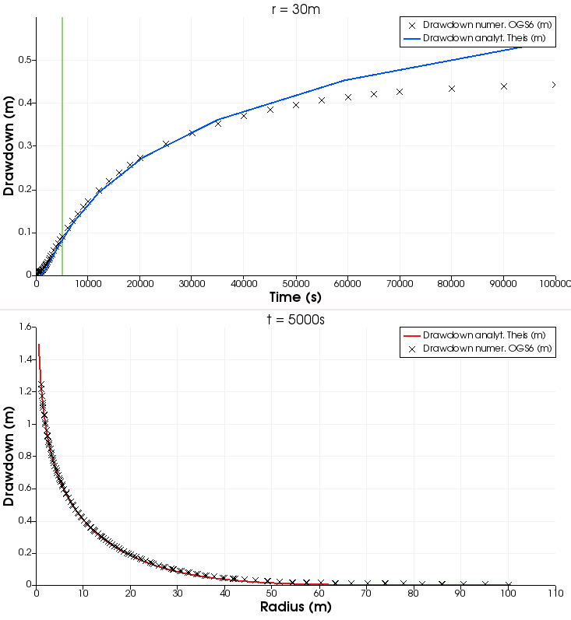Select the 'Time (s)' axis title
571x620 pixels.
295,296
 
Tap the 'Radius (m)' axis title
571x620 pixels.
295,606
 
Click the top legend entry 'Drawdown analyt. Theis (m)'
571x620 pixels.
484,37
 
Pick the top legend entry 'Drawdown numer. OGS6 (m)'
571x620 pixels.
484,25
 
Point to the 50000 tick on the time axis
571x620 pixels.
296,282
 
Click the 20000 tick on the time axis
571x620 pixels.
140,282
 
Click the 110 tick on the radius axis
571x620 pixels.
555,592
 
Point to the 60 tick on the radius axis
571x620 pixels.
319,592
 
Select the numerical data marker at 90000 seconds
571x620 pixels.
504,86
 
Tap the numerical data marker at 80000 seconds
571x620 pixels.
452,89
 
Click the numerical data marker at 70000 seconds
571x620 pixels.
400,92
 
